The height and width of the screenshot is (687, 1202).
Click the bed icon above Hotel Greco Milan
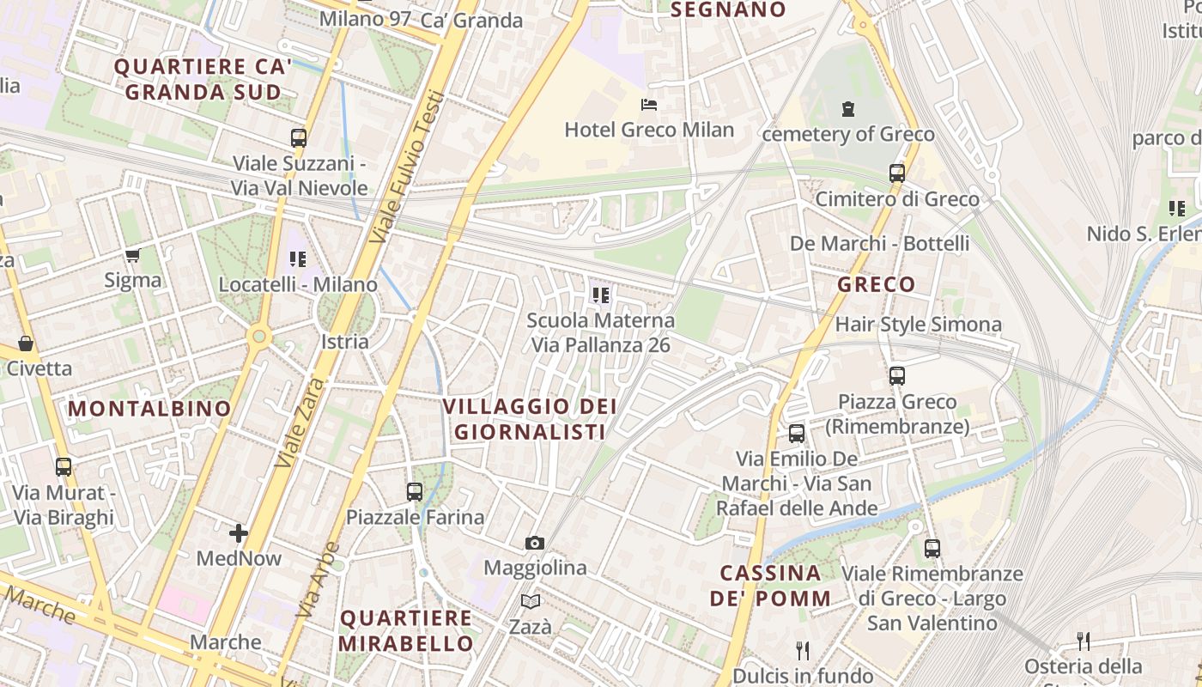[x=649, y=105]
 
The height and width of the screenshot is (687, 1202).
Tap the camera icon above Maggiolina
[x=534, y=543]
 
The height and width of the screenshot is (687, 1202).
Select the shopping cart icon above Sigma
[x=132, y=255]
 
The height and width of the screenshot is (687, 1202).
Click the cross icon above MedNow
[x=239, y=533]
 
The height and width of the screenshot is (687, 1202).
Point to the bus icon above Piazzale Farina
[x=415, y=492]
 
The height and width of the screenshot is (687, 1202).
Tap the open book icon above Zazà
[x=531, y=602]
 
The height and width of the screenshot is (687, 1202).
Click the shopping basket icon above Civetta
[x=26, y=343]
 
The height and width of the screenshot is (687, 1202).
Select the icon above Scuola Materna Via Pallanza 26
[x=600, y=295]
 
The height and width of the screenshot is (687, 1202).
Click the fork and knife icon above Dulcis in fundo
[x=803, y=650]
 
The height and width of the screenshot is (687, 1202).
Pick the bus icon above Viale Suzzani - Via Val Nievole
[x=299, y=137]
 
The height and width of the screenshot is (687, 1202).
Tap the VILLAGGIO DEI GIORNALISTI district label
[x=531, y=419]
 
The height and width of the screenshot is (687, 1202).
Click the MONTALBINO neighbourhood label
[x=150, y=409]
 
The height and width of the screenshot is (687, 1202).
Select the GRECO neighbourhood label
[x=876, y=284]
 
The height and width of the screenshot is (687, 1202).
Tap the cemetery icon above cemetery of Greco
[x=848, y=109]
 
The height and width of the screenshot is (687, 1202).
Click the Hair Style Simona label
[x=918, y=325]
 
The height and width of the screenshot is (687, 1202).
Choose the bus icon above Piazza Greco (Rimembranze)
[x=897, y=376]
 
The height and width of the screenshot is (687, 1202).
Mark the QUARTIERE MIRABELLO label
[x=406, y=630]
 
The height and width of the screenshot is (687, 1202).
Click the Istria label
[x=344, y=342]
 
